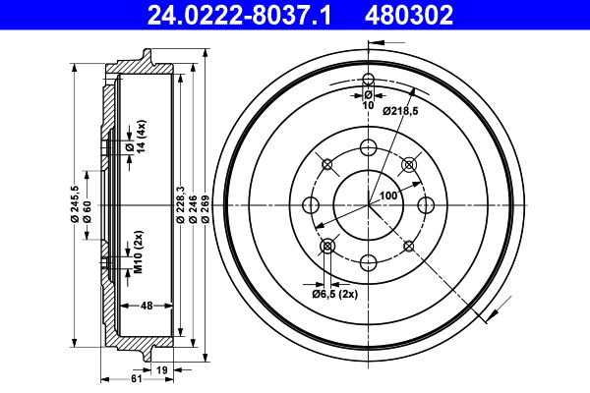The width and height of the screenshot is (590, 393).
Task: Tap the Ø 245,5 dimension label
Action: tap(75, 206)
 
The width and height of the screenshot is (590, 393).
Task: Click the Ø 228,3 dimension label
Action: tap(181, 205)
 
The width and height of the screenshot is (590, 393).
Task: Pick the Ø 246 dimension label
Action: tap(194, 205)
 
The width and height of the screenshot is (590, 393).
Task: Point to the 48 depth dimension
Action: tap(145, 305)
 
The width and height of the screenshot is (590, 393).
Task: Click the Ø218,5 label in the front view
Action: tap(400, 111)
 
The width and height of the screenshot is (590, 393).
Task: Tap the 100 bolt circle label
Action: tap(388, 196)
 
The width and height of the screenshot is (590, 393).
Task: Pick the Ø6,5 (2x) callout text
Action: tap(333, 293)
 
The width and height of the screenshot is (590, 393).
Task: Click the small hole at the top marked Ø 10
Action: tap(369, 80)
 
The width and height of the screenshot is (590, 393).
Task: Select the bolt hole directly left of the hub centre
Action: tap(311, 205)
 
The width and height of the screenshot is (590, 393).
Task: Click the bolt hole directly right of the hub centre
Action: tap(426, 205)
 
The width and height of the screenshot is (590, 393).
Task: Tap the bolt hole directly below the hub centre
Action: tap(369, 262)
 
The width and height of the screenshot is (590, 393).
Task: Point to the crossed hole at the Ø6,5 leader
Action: tap(328, 245)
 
